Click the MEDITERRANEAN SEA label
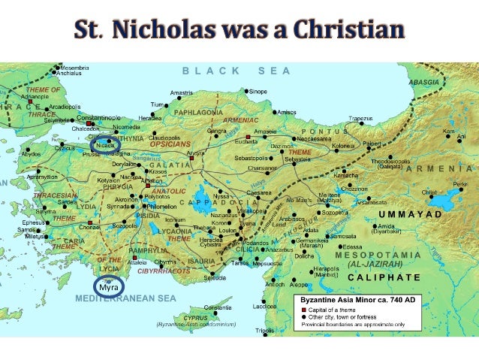[x=125, y=299]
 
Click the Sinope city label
[x=258, y=91]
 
